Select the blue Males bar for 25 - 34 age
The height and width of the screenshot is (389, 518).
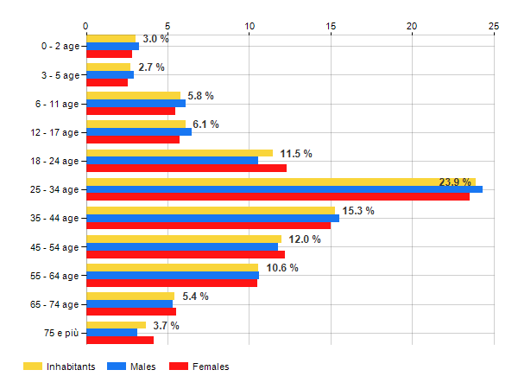click(x=284, y=189)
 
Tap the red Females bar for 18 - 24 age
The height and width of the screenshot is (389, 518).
click(x=186, y=168)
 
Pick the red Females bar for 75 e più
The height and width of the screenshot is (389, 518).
click(x=120, y=340)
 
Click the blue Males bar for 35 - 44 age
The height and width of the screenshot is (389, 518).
click(x=212, y=218)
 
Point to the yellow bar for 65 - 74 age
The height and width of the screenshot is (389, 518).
click(x=129, y=297)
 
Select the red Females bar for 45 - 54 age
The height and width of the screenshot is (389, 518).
click(x=186, y=254)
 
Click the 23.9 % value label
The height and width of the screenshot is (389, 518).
click(x=454, y=182)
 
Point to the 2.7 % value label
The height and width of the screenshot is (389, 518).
click(x=151, y=67)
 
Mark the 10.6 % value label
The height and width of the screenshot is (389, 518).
click(x=282, y=268)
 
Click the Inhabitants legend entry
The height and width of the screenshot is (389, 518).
click(x=59, y=367)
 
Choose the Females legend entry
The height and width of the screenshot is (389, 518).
click(x=199, y=367)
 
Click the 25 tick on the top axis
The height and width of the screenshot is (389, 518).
click(x=494, y=26)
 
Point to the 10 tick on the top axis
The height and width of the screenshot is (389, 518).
click(x=250, y=26)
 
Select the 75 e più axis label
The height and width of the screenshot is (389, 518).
click(x=62, y=333)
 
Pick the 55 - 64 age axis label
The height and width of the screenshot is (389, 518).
click(x=55, y=276)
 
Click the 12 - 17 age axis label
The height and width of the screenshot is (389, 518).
click(x=55, y=132)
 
